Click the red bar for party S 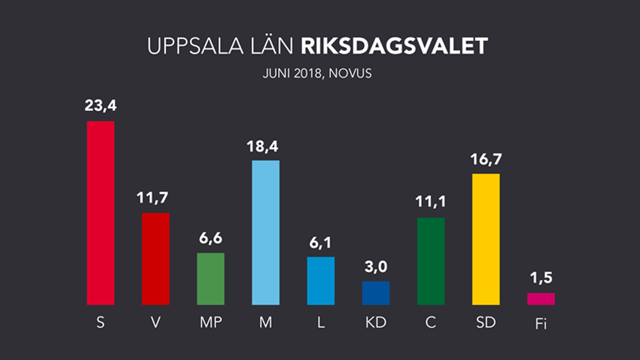click(101, 213)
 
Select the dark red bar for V click(155, 259)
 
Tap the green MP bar click(211, 279)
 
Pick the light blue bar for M click(265, 233)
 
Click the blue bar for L click(321, 281)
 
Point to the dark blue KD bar click(375, 293)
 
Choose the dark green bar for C click(431, 261)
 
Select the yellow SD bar click(486, 239)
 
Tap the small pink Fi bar click(541, 299)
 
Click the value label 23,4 click(101, 108)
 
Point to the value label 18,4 click(265, 147)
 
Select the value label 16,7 click(486, 161)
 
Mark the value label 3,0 click(375, 268)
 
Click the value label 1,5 click(541, 280)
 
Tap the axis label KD click(375, 322)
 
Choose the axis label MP click(211, 322)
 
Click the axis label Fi click(541, 323)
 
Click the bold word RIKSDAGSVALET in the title click(394, 47)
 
